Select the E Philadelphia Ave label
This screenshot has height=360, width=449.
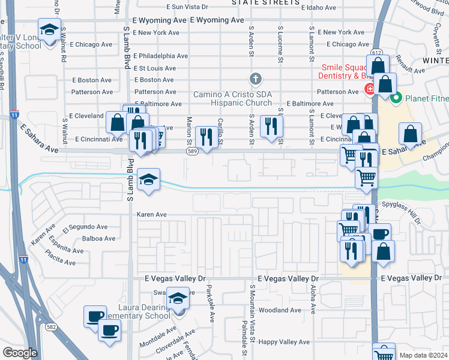(160, 56)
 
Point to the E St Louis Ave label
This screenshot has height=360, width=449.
(154, 68)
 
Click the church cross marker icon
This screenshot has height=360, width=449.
(256, 79)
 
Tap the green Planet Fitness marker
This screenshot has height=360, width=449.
(396, 98)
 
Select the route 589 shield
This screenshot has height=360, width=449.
(191, 152)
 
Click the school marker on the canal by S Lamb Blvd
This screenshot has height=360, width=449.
(148, 179)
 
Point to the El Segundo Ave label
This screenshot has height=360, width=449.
(85, 227)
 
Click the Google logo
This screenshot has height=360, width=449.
(20, 352)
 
